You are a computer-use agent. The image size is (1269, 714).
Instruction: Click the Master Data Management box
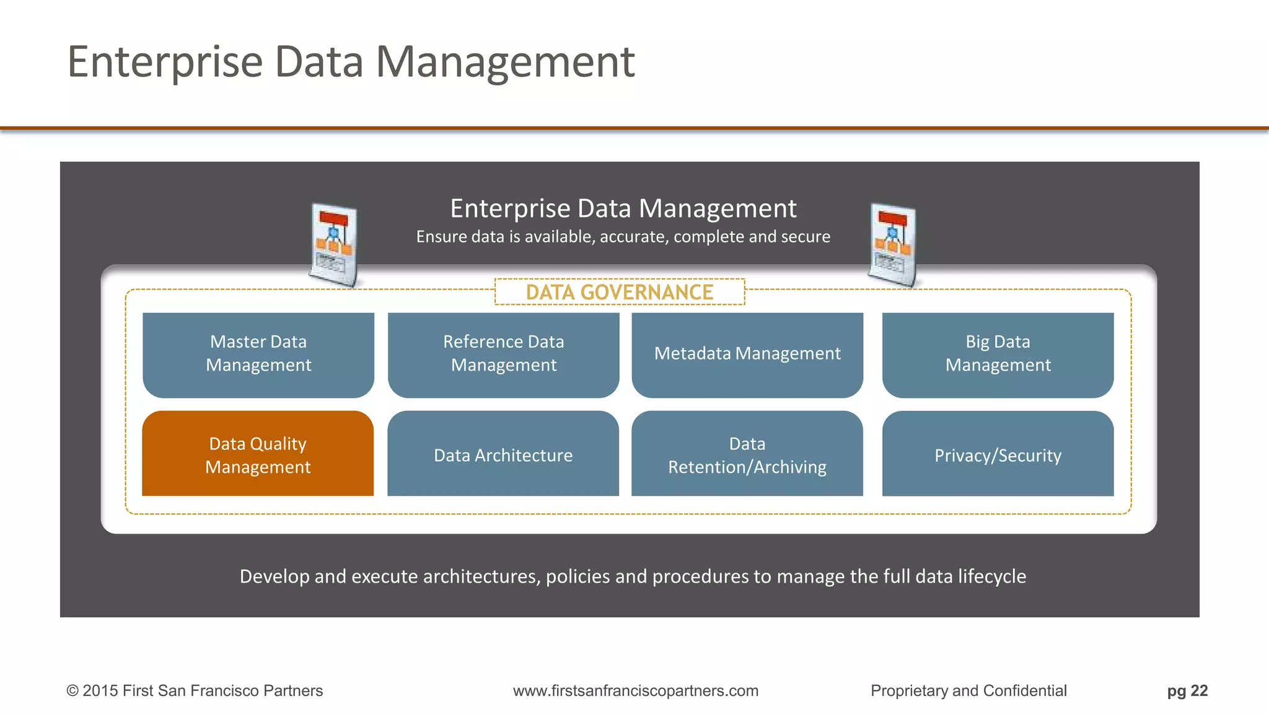coord(258,355)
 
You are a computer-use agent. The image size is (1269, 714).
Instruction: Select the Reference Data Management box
coord(503,355)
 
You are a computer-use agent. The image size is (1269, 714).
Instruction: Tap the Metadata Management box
coord(747,355)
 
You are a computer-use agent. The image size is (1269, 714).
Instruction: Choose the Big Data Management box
coord(998,355)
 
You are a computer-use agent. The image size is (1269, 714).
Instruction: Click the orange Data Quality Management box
coord(258,454)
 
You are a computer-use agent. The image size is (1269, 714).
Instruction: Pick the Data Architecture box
coord(503,454)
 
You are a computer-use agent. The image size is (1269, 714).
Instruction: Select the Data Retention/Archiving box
coord(747,454)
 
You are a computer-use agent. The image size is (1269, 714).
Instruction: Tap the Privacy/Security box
coord(998,454)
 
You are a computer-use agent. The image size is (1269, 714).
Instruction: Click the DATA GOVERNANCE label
coord(620,292)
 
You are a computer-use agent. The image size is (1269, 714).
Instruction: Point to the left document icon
coord(334,245)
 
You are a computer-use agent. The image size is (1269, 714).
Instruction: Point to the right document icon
coord(892,245)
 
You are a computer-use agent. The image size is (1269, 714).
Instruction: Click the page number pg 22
coord(1187,690)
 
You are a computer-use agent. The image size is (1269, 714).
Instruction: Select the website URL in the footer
coord(635,690)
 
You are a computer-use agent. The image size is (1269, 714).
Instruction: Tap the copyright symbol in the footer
coord(72,691)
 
